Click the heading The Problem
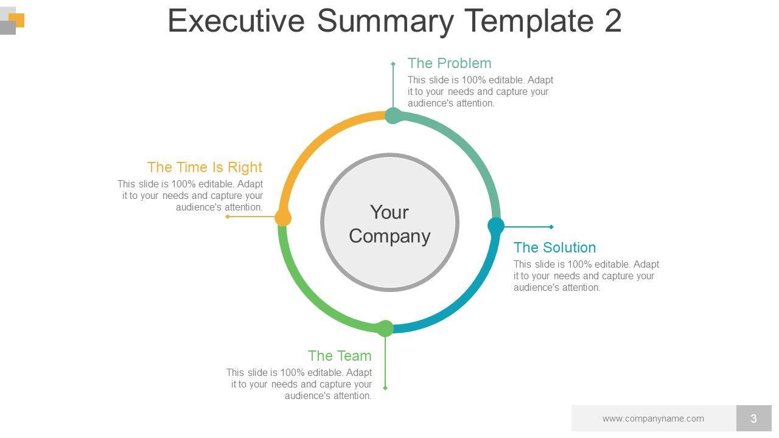449,63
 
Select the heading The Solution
554,248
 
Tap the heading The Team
340,356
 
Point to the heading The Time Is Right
204,167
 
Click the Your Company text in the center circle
389,224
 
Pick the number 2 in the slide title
613,21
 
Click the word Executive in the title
236,21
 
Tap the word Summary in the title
385,21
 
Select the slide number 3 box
753,418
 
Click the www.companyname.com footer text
653,419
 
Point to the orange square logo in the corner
16,20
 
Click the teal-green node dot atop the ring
393,116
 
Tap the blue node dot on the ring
496,226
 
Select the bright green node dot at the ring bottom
385,328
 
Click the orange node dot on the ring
283,218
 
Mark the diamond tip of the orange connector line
228,217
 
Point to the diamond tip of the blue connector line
551,227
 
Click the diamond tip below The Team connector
385,388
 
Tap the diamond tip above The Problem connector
393,64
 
